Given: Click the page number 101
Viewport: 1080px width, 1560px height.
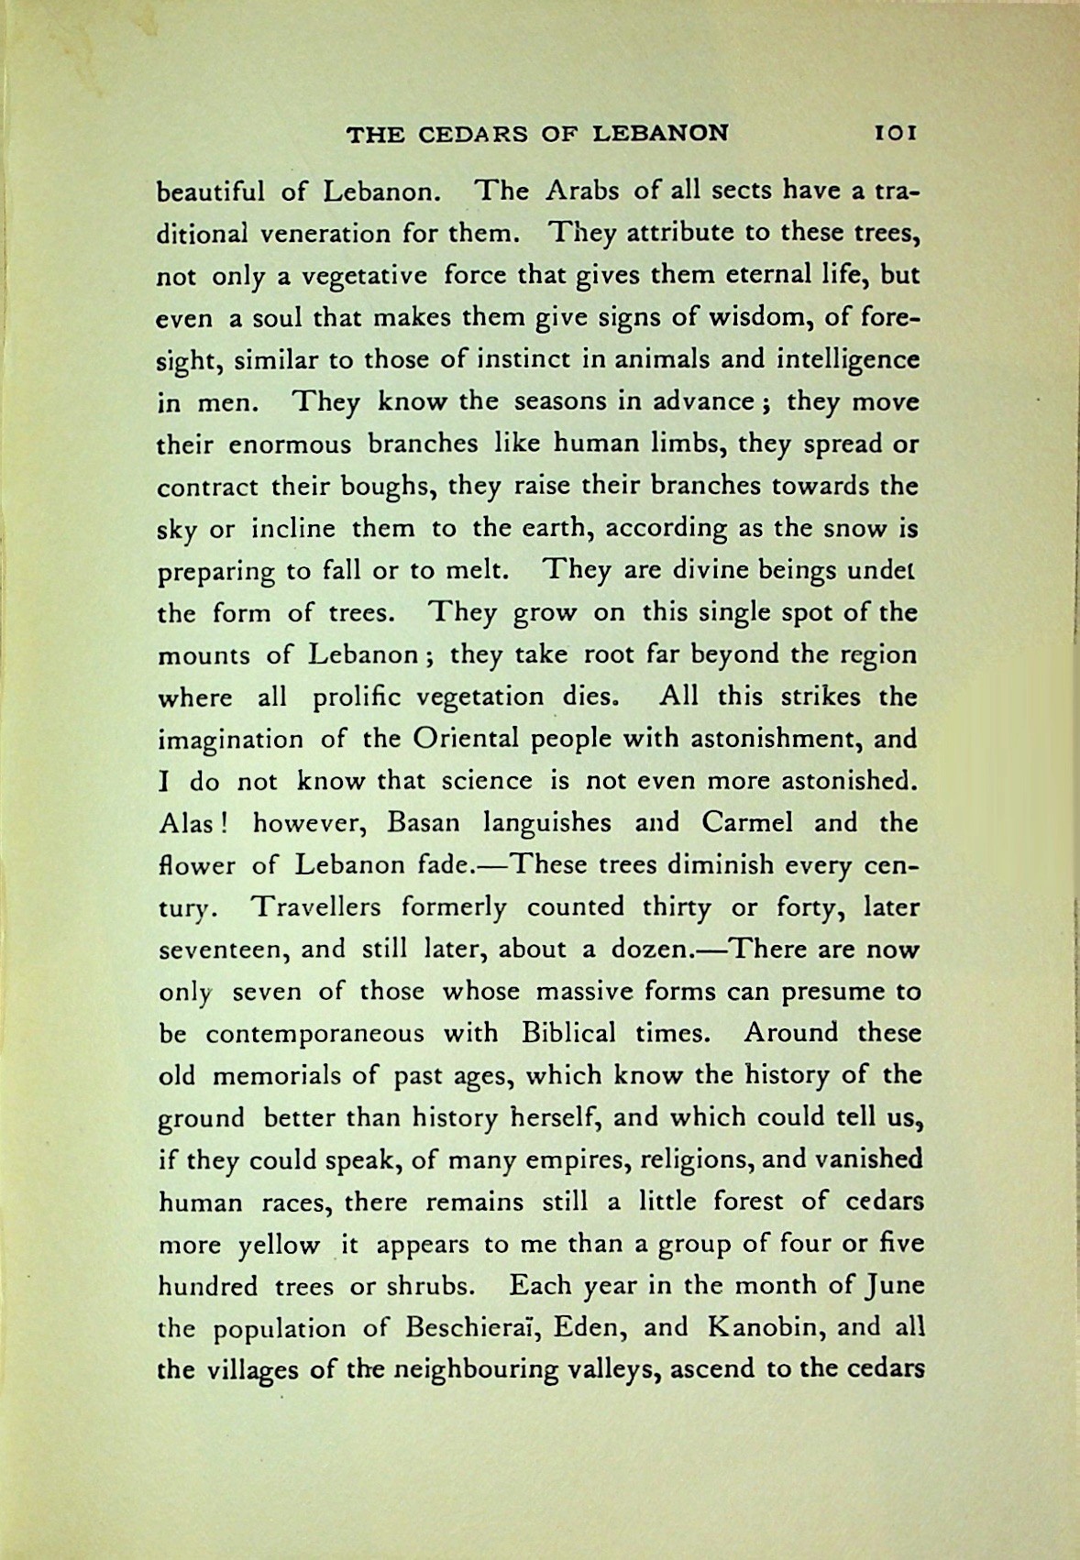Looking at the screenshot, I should click(x=896, y=133).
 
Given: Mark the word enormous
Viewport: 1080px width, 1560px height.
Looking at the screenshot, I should click(x=289, y=445).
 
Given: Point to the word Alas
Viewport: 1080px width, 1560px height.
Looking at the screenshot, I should click(x=186, y=822).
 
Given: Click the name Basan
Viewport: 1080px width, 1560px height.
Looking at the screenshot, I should click(x=423, y=822).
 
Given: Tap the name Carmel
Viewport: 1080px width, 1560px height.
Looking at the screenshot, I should click(x=747, y=822).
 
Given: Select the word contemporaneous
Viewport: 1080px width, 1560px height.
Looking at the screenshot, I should click(x=314, y=1034).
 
